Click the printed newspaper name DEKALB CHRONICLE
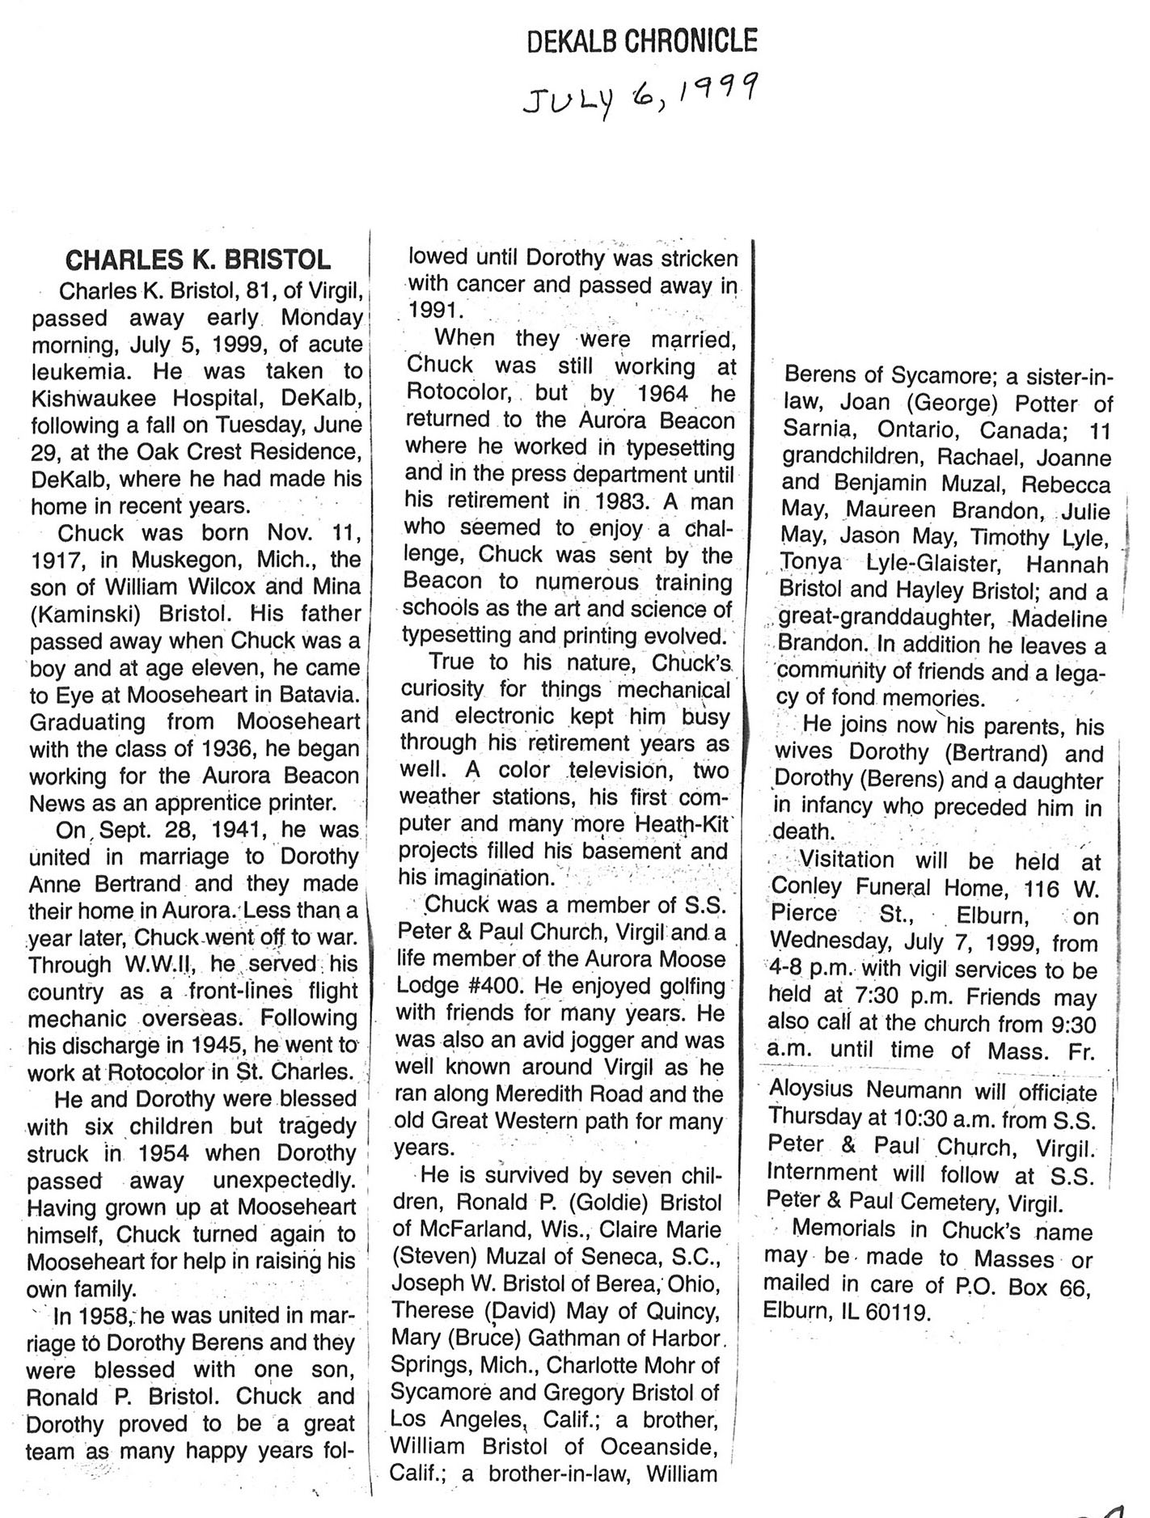[642, 40]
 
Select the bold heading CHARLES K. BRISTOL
[197, 260]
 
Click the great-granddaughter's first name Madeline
[1059, 619]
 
